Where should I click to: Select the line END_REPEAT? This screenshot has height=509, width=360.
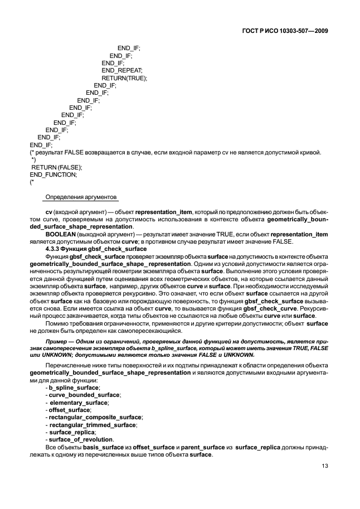click(122, 70)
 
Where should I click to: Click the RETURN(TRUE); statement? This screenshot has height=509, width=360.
click(124, 78)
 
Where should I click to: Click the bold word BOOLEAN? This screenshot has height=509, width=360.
click(60, 234)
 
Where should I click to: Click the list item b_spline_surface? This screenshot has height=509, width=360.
click(74, 387)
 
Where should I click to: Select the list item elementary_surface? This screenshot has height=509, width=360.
click(79, 402)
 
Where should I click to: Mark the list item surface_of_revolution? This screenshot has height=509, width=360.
click(81, 440)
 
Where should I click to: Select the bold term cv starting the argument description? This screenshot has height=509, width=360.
click(48, 212)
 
